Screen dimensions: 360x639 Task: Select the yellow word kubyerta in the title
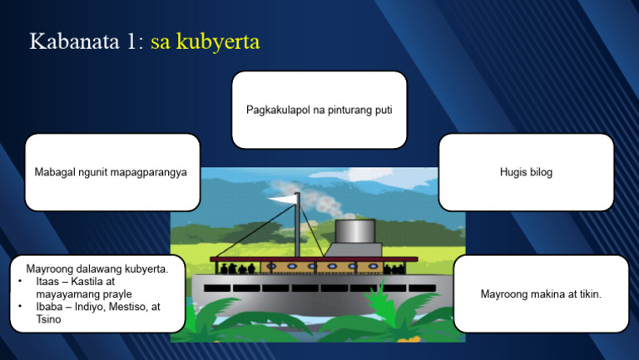coord(218,42)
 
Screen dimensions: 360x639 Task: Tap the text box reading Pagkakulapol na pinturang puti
coord(319,110)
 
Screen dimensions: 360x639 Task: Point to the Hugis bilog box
coord(526,172)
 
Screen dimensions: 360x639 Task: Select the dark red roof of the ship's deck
coord(316,259)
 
